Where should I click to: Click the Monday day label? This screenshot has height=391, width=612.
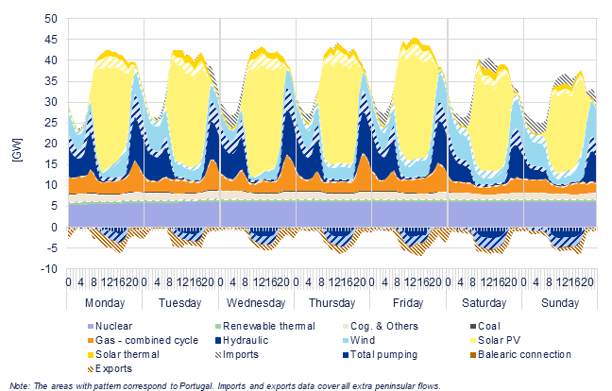click(x=105, y=303)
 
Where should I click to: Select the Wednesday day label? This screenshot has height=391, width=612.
click(x=256, y=303)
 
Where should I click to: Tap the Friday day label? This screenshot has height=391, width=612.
click(x=408, y=303)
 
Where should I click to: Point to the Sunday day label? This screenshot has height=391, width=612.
click(x=560, y=303)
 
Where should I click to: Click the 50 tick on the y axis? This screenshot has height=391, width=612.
click(x=51, y=19)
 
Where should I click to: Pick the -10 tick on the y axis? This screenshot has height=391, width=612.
click(x=48, y=269)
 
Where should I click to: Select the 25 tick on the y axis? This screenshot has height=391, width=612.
click(x=51, y=123)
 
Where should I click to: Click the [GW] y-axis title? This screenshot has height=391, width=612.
click(x=18, y=150)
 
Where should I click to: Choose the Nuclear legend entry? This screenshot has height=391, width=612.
click(x=110, y=326)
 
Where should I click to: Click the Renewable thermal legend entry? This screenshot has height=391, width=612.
click(x=265, y=326)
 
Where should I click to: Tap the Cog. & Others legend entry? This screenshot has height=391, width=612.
click(x=381, y=326)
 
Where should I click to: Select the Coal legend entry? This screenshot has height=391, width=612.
click(x=485, y=326)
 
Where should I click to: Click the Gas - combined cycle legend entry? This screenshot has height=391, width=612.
click(x=143, y=340)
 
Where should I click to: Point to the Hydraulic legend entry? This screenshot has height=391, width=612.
click(x=242, y=340)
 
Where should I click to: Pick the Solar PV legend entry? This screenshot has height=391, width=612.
click(x=495, y=340)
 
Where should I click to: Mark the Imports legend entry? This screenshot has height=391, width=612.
click(x=236, y=355)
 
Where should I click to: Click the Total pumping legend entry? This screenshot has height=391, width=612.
click(x=381, y=355)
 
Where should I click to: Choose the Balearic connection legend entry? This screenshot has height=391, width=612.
click(x=520, y=355)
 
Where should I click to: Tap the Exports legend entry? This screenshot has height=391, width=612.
click(x=110, y=368)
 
